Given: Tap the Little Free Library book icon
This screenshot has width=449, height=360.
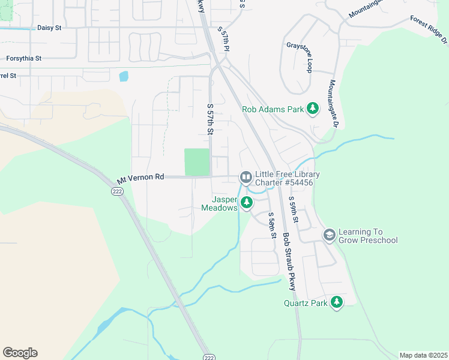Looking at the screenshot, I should (246, 178).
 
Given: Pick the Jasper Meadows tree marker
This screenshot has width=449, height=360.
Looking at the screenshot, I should (246, 203).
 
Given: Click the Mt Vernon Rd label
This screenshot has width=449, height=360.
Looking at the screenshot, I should (140, 178).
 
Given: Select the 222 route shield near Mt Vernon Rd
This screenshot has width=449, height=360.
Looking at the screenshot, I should (116, 191).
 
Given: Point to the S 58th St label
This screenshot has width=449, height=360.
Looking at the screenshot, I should (273, 226).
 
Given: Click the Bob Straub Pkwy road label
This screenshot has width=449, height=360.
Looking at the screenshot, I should (290, 262).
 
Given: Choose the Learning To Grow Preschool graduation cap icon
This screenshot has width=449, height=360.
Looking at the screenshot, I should (329, 236).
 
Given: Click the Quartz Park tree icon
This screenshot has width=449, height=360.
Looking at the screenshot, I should (337, 302).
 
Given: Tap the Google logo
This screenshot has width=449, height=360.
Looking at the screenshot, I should (20, 353).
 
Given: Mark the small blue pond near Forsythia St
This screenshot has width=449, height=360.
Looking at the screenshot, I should (124, 76).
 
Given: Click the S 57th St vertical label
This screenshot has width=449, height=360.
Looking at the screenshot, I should (211, 119).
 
